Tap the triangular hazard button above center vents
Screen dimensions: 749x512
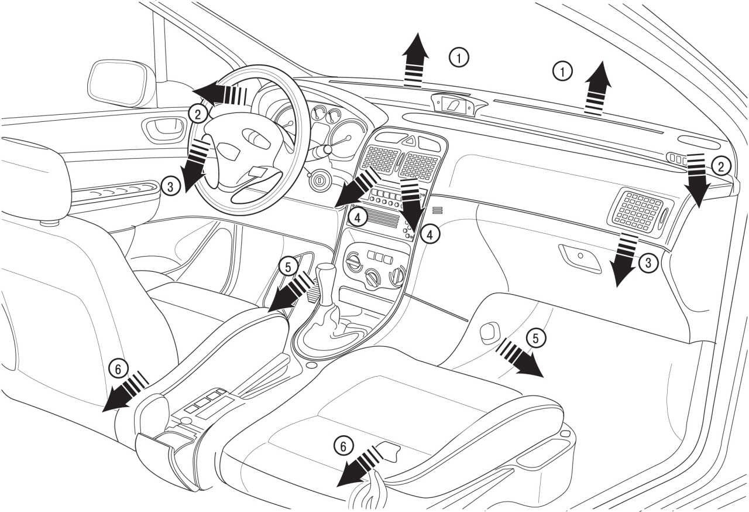coord(411,140)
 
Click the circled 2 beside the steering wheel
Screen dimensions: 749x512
coord(198,115)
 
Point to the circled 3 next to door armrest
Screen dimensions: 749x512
coord(170,186)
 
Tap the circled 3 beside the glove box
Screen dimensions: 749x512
coord(648,263)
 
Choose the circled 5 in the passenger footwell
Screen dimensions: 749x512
coord(535,339)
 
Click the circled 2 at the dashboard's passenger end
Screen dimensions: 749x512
coord(720,166)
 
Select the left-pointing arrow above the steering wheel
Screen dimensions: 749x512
coord(219,94)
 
